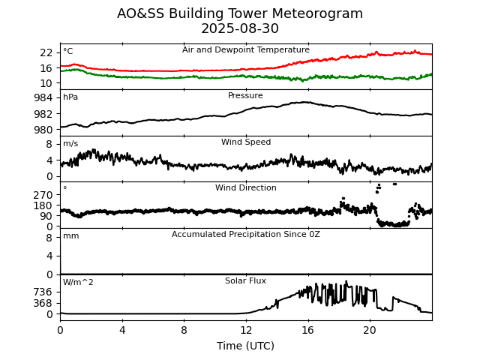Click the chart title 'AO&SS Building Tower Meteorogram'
(x=240, y=13)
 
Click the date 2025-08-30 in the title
(x=240, y=28)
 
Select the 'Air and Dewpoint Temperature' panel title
(x=246, y=49)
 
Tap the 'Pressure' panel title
(x=246, y=96)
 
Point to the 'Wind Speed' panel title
(x=246, y=142)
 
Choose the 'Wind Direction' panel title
(x=246, y=188)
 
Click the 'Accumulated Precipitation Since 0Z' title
(x=246, y=235)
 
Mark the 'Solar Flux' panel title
(x=246, y=281)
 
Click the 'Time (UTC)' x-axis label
(x=246, y=346)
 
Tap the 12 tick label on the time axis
(x=246, y=330)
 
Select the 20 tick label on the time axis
(x=370, y=330)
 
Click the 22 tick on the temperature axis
(x=46, y=52)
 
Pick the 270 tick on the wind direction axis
(x=43, y=194)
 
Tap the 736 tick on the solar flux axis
(x=43, y=292)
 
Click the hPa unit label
(x=70, y=97)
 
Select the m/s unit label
(x=70, y=144)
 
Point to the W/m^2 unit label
(x=78, y=283)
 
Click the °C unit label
(x=68, y=51)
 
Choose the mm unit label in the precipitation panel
(x=70, y=236)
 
